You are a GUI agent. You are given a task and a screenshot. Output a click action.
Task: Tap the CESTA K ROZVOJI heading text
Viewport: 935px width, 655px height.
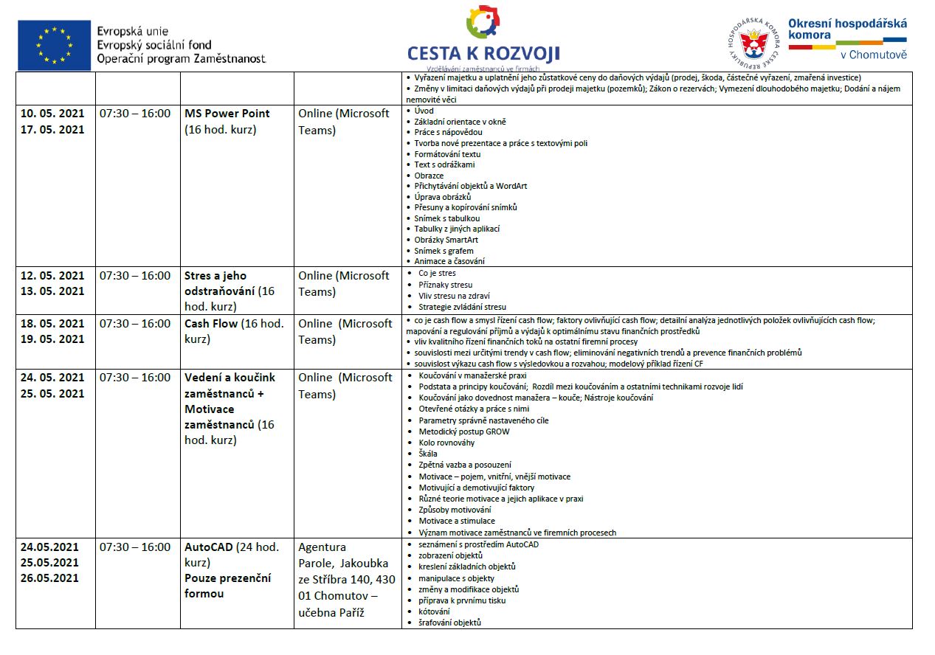coord(483,53)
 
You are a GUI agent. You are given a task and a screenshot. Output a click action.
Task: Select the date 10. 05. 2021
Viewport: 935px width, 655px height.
coord(52,114)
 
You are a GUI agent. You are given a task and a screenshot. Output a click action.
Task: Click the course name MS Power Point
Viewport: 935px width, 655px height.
coord(227,114)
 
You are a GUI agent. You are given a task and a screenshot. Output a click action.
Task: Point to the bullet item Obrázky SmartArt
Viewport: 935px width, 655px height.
coord(446,240)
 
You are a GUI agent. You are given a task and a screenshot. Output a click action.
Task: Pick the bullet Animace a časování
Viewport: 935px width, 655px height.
coord(449,261)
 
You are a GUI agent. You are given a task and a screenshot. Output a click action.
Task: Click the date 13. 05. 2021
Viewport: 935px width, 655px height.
coord(52,291)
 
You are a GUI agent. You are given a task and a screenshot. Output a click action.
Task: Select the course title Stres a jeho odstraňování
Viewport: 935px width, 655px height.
coord(229,284)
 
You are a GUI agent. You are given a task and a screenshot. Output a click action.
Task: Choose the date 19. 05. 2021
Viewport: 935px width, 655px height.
coord(52,339)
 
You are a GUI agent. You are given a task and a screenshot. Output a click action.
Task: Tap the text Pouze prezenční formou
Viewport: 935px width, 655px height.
coord(228,586)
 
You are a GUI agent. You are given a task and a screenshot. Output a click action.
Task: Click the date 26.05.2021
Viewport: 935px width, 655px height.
coord(49,578)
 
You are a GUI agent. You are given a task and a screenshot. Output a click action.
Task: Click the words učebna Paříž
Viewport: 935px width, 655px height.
coord(331,612)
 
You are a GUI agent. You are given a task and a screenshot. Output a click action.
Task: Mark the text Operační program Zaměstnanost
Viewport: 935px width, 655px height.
coord(181,58)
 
